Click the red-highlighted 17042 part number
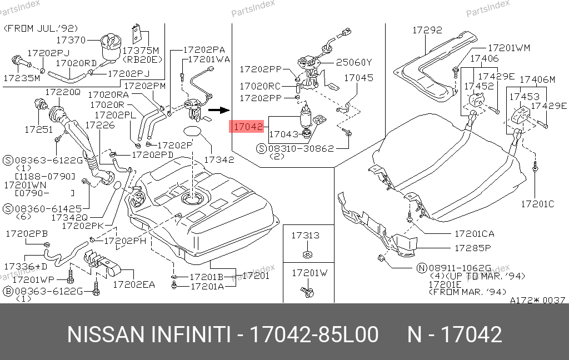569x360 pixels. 247,127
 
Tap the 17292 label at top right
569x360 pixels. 427,30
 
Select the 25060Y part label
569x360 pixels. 354,63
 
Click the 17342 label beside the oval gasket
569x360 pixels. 219,159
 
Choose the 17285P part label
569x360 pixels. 472,248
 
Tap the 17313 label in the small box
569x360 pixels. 306,236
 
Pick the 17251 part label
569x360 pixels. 38,130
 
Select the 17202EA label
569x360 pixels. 134,284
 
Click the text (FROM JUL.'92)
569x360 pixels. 41,28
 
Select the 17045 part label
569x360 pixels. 358,78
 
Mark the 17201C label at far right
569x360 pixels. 537,204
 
